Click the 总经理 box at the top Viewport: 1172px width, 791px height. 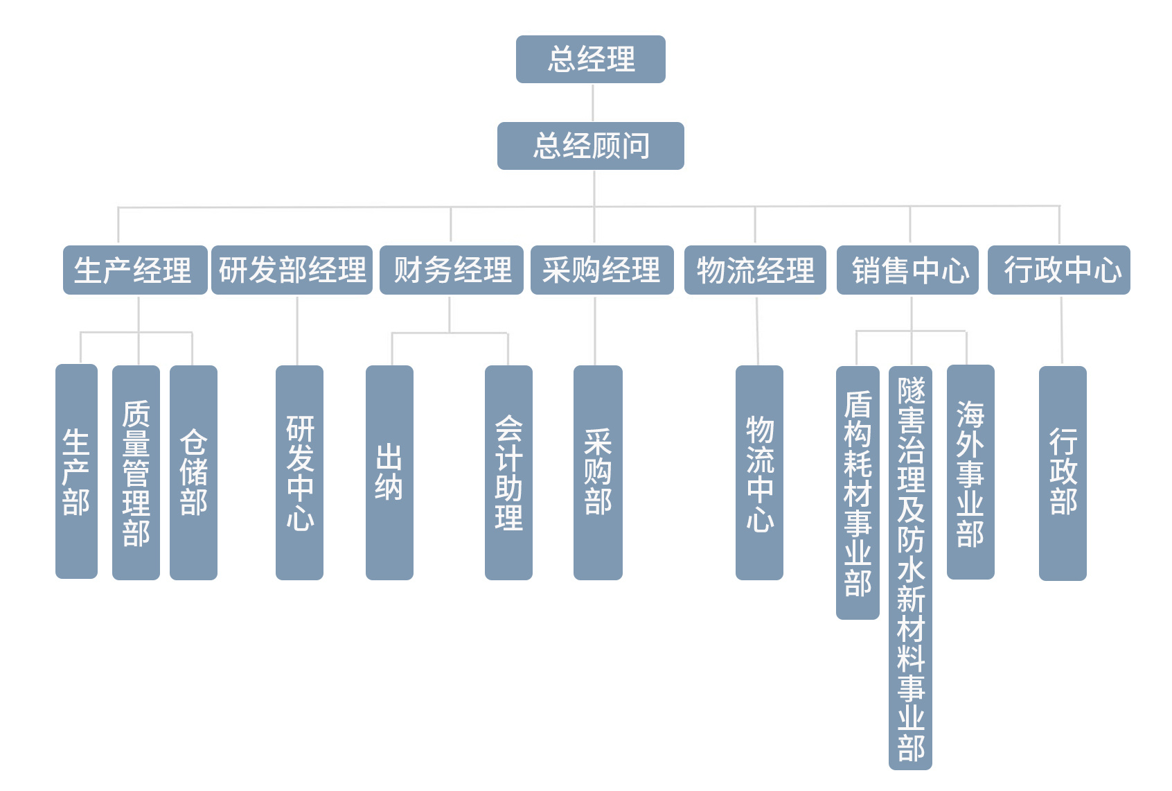[590, 60]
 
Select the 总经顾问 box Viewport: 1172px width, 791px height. [590, 146]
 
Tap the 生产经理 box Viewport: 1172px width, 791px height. [134, 270]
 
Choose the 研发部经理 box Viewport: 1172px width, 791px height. [292, 270]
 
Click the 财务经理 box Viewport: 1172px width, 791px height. [451, 270]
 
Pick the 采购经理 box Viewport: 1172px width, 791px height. [601, 270]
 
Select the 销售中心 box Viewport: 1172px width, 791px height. [907, 270]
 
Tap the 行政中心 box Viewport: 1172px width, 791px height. [1058, 270]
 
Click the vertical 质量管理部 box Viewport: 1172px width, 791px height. [136, 473]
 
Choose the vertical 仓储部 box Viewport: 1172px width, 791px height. [193, 473]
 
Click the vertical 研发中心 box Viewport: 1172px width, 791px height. [299, 473]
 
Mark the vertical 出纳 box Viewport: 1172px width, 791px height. [389, 473]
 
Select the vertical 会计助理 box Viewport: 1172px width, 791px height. [508, 473]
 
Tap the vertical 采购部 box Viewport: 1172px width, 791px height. [598, 473]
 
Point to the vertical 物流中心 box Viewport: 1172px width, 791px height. [759, 473]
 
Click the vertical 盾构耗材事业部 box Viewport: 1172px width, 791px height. [858, 492]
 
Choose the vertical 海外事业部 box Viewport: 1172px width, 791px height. [970, 473]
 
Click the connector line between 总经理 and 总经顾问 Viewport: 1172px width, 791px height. [593, 103]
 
